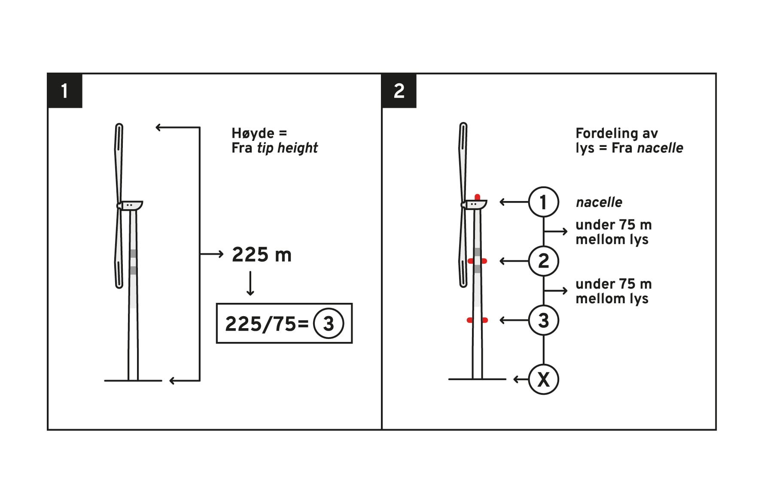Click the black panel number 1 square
[64, 91]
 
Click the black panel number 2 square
[399, 91]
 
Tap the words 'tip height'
[287, 148]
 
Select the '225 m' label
[262, 255]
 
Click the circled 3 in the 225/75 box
[329, 323]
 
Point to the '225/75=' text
[267, 324]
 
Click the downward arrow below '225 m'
[250, 284]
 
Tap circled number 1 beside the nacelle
[543, 202]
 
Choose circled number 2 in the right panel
[543, 261]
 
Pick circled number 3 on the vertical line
[543, 320]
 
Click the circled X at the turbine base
[543, 379]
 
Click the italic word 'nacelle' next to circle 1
[599, 202]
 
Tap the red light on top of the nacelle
[477, 197]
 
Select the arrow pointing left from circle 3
[514, 320]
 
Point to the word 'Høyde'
[253, 134]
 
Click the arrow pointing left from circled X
[521, 379]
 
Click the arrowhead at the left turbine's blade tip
[158, 127]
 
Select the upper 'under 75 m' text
[614, 225]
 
